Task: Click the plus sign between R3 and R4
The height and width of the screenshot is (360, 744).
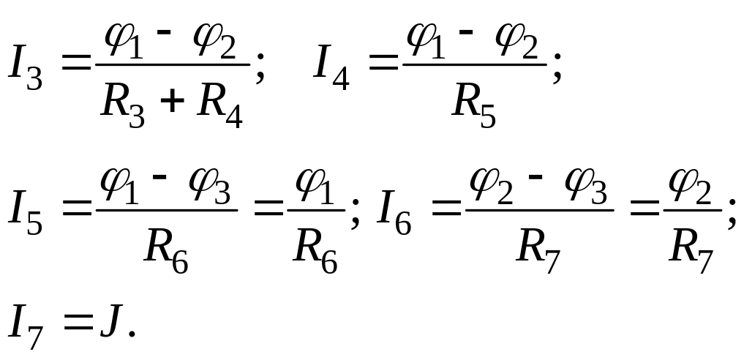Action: coord(170,102)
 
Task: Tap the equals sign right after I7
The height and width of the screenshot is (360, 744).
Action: coord(76,322)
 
